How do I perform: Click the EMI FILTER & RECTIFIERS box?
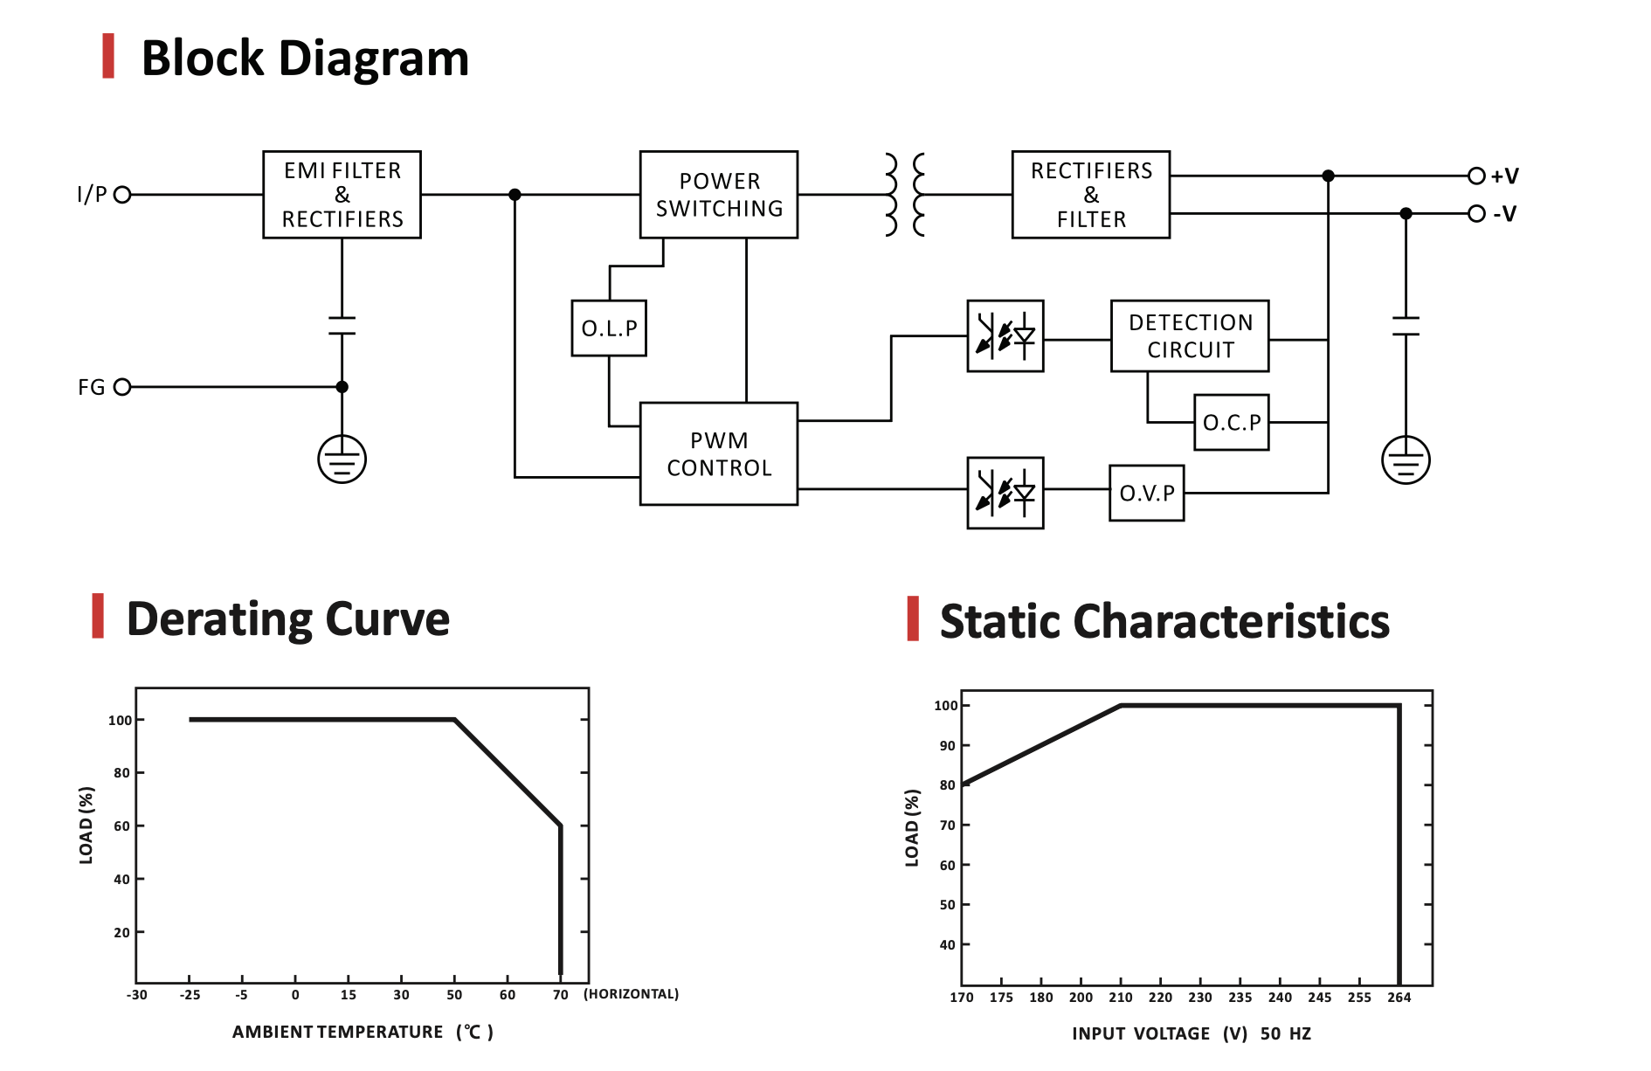coord(342,195)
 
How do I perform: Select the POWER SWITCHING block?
coord(718,195)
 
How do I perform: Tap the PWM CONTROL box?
coord(718,453)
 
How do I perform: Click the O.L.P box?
coord(609,328)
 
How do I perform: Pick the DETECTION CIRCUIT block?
coord(1189,336)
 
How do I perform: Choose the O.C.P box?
coord(1231,423)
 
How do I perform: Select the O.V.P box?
coord(1146,494)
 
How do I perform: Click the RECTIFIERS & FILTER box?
coord(1090,195)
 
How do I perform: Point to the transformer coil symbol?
coord(904,195)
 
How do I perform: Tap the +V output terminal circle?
coord(1476,176)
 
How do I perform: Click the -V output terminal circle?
coord(1476,214)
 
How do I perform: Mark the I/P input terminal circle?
coord(122,195)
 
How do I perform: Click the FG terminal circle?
coord(122,387)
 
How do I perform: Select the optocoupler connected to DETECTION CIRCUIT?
coord(1005,336)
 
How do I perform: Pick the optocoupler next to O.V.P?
coord(1005,493)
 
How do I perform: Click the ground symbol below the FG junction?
coord(342,459)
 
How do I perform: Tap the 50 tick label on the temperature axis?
coord(454,995)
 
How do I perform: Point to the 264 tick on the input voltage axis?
coord(1399,998)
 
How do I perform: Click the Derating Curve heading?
coord(287,618)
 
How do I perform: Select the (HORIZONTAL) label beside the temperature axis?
coord(631,994)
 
